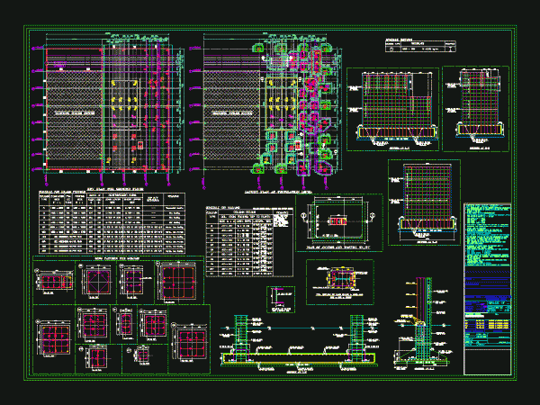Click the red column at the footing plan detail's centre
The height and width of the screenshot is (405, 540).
click(x=338, y=219)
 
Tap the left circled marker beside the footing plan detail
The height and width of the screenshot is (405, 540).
click(x=310, y=218)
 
